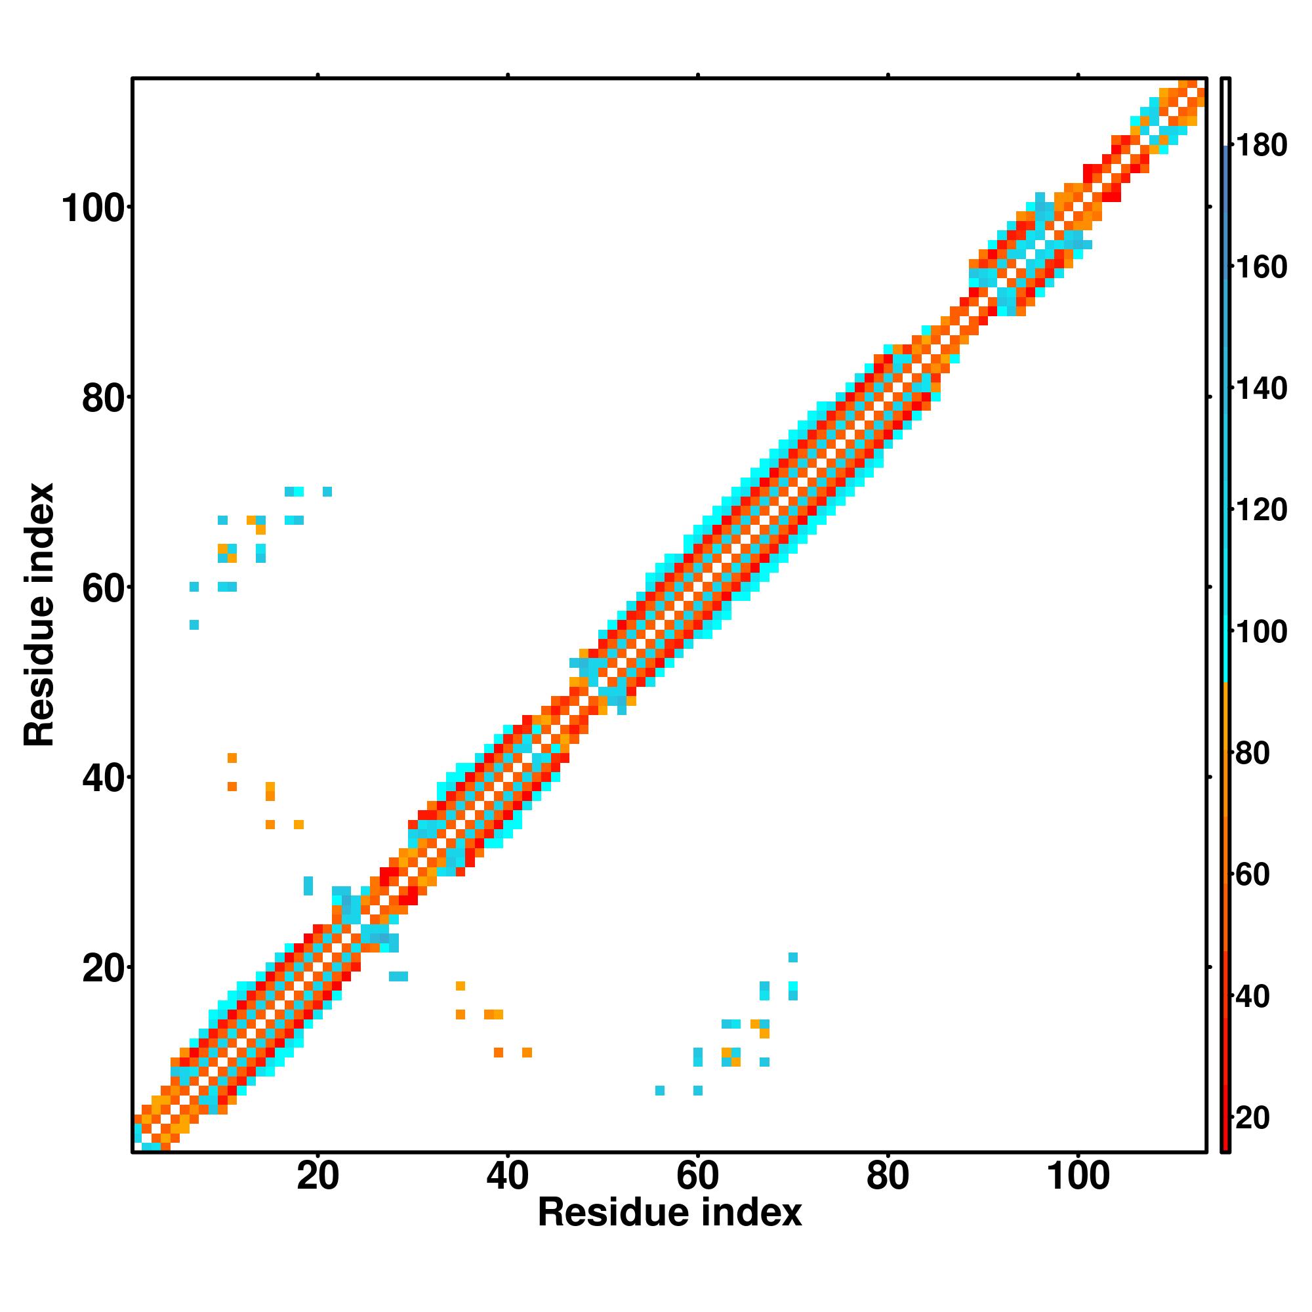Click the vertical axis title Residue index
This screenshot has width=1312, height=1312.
[39, 615]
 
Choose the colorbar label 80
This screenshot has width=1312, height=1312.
[1252, 754]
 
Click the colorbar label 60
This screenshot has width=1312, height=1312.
[1252, 875]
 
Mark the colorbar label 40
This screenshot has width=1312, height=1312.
[1252, 997]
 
